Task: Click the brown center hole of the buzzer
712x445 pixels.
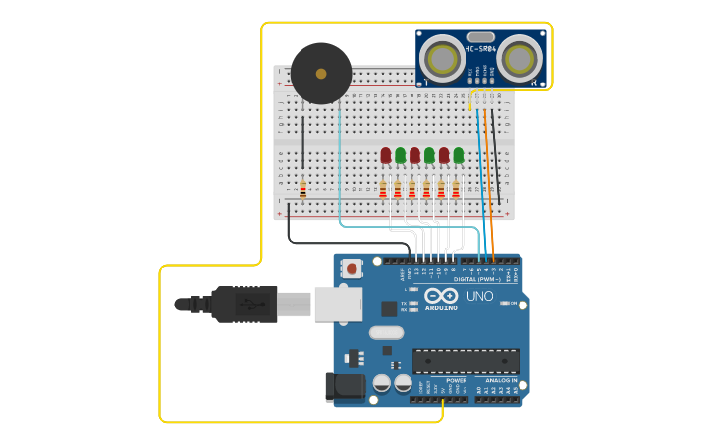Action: point(321,73)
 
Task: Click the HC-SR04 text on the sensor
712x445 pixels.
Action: point(481,49)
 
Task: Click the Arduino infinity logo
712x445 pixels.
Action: point(442,296)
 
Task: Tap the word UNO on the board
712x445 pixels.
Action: point(479,296)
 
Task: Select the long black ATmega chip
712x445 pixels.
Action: point(466,361)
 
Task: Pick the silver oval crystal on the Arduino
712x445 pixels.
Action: point(386,332)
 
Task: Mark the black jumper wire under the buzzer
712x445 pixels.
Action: point(303,147)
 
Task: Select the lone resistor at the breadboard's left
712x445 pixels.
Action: point(302,189)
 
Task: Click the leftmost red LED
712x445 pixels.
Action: point(386,155)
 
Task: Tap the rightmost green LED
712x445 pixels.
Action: point(458,155)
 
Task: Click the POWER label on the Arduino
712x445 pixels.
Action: point(456,380)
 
